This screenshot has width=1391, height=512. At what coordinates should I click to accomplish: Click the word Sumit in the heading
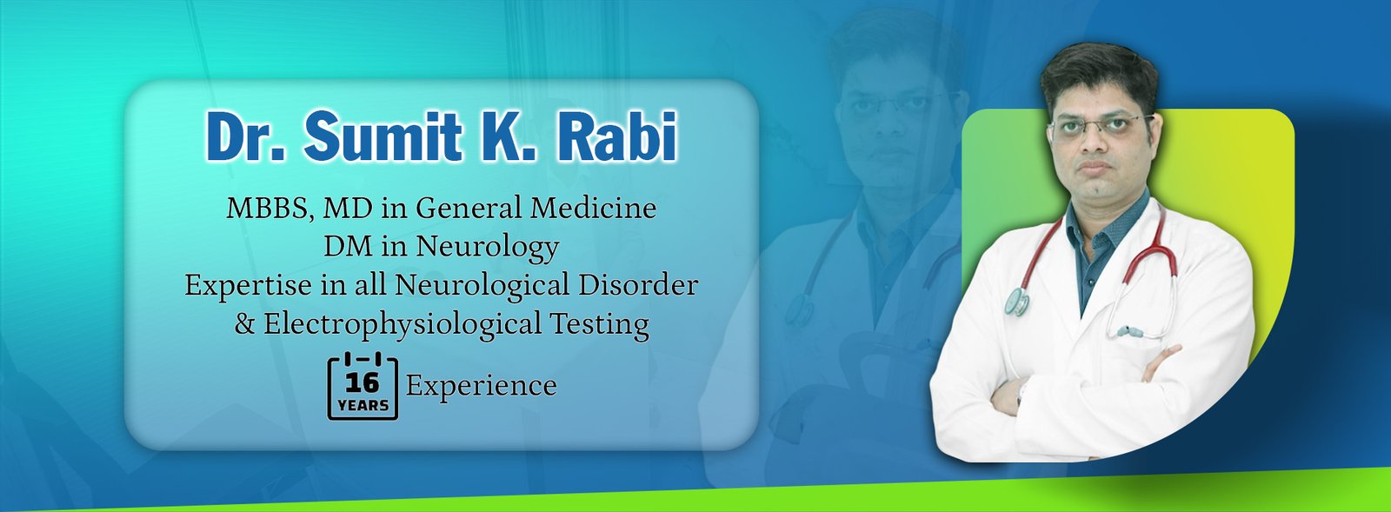pos(383,136)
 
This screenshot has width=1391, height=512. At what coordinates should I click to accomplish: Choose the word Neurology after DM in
pos(488,247)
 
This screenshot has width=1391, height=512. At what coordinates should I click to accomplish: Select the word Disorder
pos(638,285)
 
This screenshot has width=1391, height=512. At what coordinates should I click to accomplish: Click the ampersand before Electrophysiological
pos(244,324)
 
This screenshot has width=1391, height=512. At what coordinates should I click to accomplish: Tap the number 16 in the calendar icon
pos(363,383)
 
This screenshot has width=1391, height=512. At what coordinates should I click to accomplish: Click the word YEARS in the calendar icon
pos(363,406)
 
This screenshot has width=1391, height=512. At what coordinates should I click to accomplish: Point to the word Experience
pos(482,386)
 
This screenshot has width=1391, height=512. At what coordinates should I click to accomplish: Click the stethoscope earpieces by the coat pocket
pos(1130,332)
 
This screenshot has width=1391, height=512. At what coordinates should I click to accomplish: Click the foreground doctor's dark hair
pos(1099,71)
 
